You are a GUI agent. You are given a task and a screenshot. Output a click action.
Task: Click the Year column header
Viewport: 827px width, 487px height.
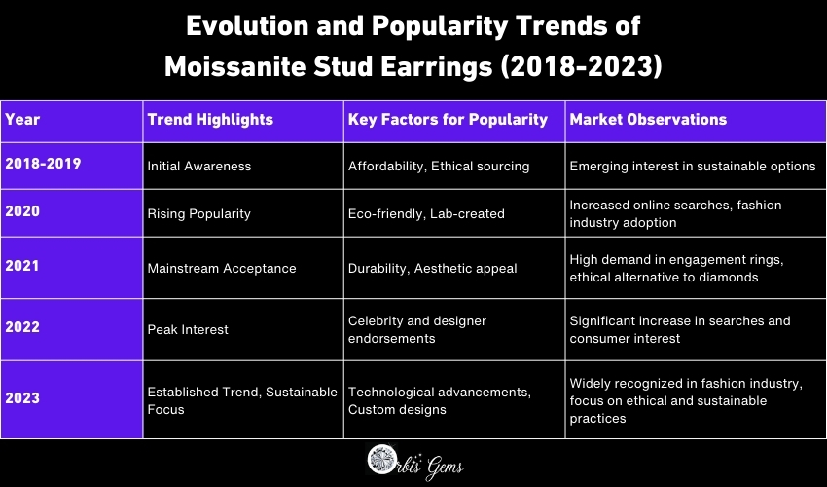click(x=22, y=120)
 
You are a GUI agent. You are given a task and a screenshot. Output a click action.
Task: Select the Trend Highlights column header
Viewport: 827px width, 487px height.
click(x=210, y=120)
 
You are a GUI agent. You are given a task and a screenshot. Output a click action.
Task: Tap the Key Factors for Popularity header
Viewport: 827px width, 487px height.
click(x=448, y=120)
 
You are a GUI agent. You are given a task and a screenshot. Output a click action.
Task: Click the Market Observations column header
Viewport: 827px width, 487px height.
click(x=648, y=120)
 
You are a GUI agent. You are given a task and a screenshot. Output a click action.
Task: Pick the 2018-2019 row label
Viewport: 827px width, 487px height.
click(x=43, y=163)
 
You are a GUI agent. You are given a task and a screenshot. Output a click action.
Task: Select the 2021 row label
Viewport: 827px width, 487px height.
click(x=22, y=260)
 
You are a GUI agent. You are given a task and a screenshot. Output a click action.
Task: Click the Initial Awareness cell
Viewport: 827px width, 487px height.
click(x=198, y=167)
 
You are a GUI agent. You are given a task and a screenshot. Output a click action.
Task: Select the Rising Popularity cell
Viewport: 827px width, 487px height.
click(x=198, y=213)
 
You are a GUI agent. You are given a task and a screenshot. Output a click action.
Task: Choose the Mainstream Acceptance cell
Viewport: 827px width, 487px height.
click(x=221, y=268)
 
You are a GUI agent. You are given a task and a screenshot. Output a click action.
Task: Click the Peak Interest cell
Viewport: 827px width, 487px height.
click(x=188, y=329)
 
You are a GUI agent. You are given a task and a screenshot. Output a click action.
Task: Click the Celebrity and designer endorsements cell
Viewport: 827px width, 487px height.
click(x=417, y=329)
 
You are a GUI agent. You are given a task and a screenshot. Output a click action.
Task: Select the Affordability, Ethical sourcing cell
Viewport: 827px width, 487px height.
click(x=439, y=167)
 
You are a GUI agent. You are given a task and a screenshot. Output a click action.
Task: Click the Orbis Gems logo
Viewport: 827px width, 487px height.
click(x=413, y=462)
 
